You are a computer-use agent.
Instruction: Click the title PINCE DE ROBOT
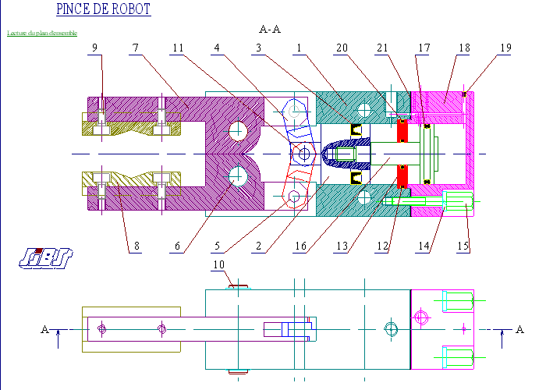point(104,10)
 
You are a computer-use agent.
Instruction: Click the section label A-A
point(269,30)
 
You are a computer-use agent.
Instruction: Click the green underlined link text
point(42,34)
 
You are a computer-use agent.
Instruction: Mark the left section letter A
point(44,330)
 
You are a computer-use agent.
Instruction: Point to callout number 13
point(342,247)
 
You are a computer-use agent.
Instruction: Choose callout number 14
point(424,247)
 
